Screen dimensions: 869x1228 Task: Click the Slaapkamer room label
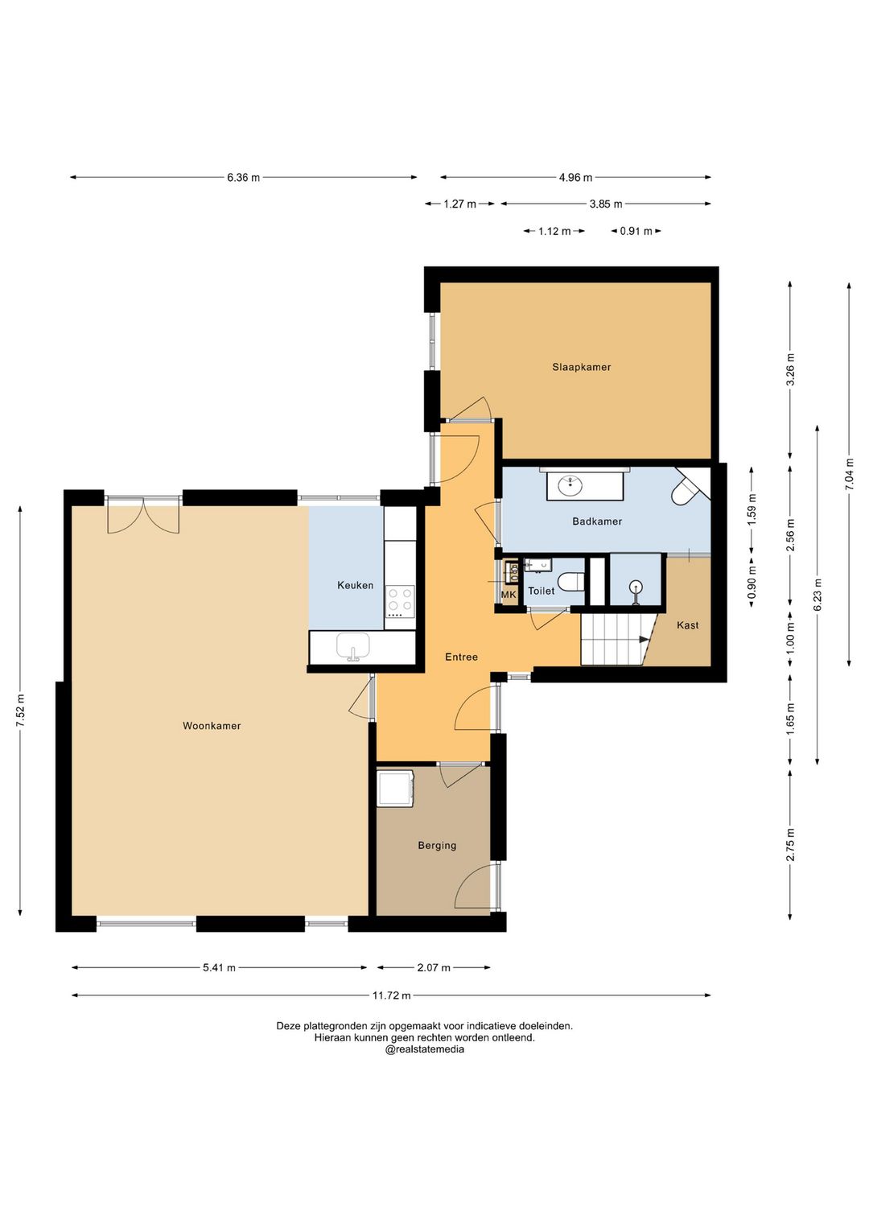click(x=581, y=367)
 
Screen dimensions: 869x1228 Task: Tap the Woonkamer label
click(x=212, y=726)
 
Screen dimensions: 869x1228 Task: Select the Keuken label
click(x=356, y=586)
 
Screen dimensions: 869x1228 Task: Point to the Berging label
click(x=437, y=845)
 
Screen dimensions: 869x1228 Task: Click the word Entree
click(x=461, y=657)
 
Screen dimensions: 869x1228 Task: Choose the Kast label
click(x=687, y=625)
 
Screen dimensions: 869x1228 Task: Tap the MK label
click(x=509, y=595)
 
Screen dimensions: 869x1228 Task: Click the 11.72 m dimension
click(x=392, y=995)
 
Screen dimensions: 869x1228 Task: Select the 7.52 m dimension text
click(x=21, y=711)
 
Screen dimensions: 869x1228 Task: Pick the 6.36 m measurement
click(x=244, y=178)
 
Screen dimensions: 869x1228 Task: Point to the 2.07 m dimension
click(x=434, y=967)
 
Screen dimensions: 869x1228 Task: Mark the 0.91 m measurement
click(x=636, y=231)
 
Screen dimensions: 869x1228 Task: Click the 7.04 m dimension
click(x=849, y=475)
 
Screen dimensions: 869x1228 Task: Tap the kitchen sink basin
click(x=352, y=648)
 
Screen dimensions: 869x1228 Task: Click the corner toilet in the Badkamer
click(x=684, y=491)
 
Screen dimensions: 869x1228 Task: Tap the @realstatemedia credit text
click(x=424, y=1049)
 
